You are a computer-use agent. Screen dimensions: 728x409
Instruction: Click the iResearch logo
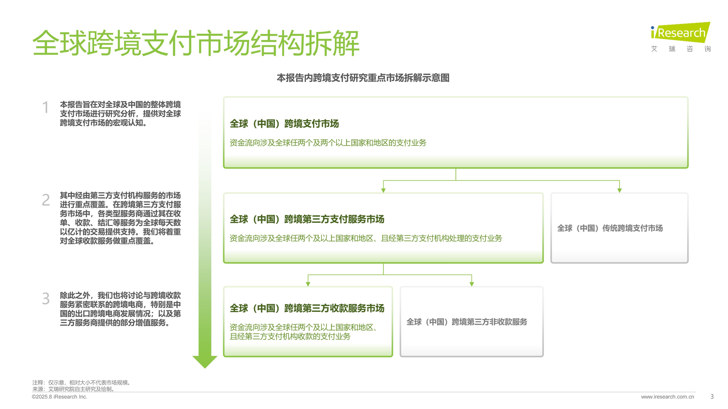tap(680, 37)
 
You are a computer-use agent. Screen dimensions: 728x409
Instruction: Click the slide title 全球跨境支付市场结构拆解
tap(196, 43)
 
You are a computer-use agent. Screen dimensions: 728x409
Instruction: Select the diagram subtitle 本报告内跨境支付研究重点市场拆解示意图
tap(363, 78)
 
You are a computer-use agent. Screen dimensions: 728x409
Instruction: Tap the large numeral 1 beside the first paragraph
tap(45, 107)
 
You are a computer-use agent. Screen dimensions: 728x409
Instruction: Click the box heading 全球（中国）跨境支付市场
tap(284, 124)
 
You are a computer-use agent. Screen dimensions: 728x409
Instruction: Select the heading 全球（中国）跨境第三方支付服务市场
tap(307, 219)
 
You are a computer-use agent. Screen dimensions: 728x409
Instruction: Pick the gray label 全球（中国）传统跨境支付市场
tap(610, 228)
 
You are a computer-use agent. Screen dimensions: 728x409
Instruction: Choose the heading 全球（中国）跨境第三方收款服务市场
tap(307, 308)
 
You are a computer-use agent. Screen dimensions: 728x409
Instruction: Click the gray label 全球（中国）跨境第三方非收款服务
tap(467, 322)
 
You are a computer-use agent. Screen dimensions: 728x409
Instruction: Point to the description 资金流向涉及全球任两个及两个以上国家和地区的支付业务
tap(328, 143)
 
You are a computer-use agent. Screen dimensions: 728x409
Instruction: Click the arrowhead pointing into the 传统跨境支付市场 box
tap(619, 190)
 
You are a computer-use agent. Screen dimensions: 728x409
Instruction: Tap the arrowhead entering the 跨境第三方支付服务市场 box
tap(383, 190)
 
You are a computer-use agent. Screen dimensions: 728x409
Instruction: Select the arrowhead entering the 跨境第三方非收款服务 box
tap(472, 284)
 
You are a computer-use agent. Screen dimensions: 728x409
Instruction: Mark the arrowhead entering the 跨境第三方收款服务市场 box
tap(308, 284)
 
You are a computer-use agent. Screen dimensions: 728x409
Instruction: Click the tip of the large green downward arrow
tap(205, 368)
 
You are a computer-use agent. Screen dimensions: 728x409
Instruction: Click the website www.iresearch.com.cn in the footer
tap(668, 397)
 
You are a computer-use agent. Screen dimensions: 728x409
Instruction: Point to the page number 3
tap(712, 397)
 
